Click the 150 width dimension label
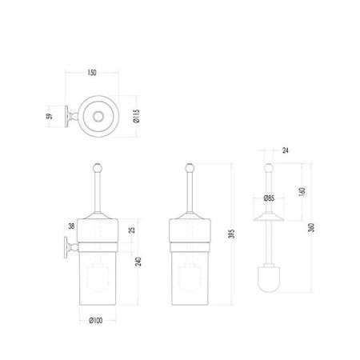coord(92,73)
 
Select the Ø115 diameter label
coord(136,116)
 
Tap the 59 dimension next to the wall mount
coord(50,116)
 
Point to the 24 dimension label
coord(286,150)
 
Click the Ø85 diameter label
coord(269,198)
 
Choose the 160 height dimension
coord(302,192)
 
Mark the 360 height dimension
coord(311,228)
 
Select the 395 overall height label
coord(232,234)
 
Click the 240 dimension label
coord(138,262)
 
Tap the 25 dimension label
coord(132,230)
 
